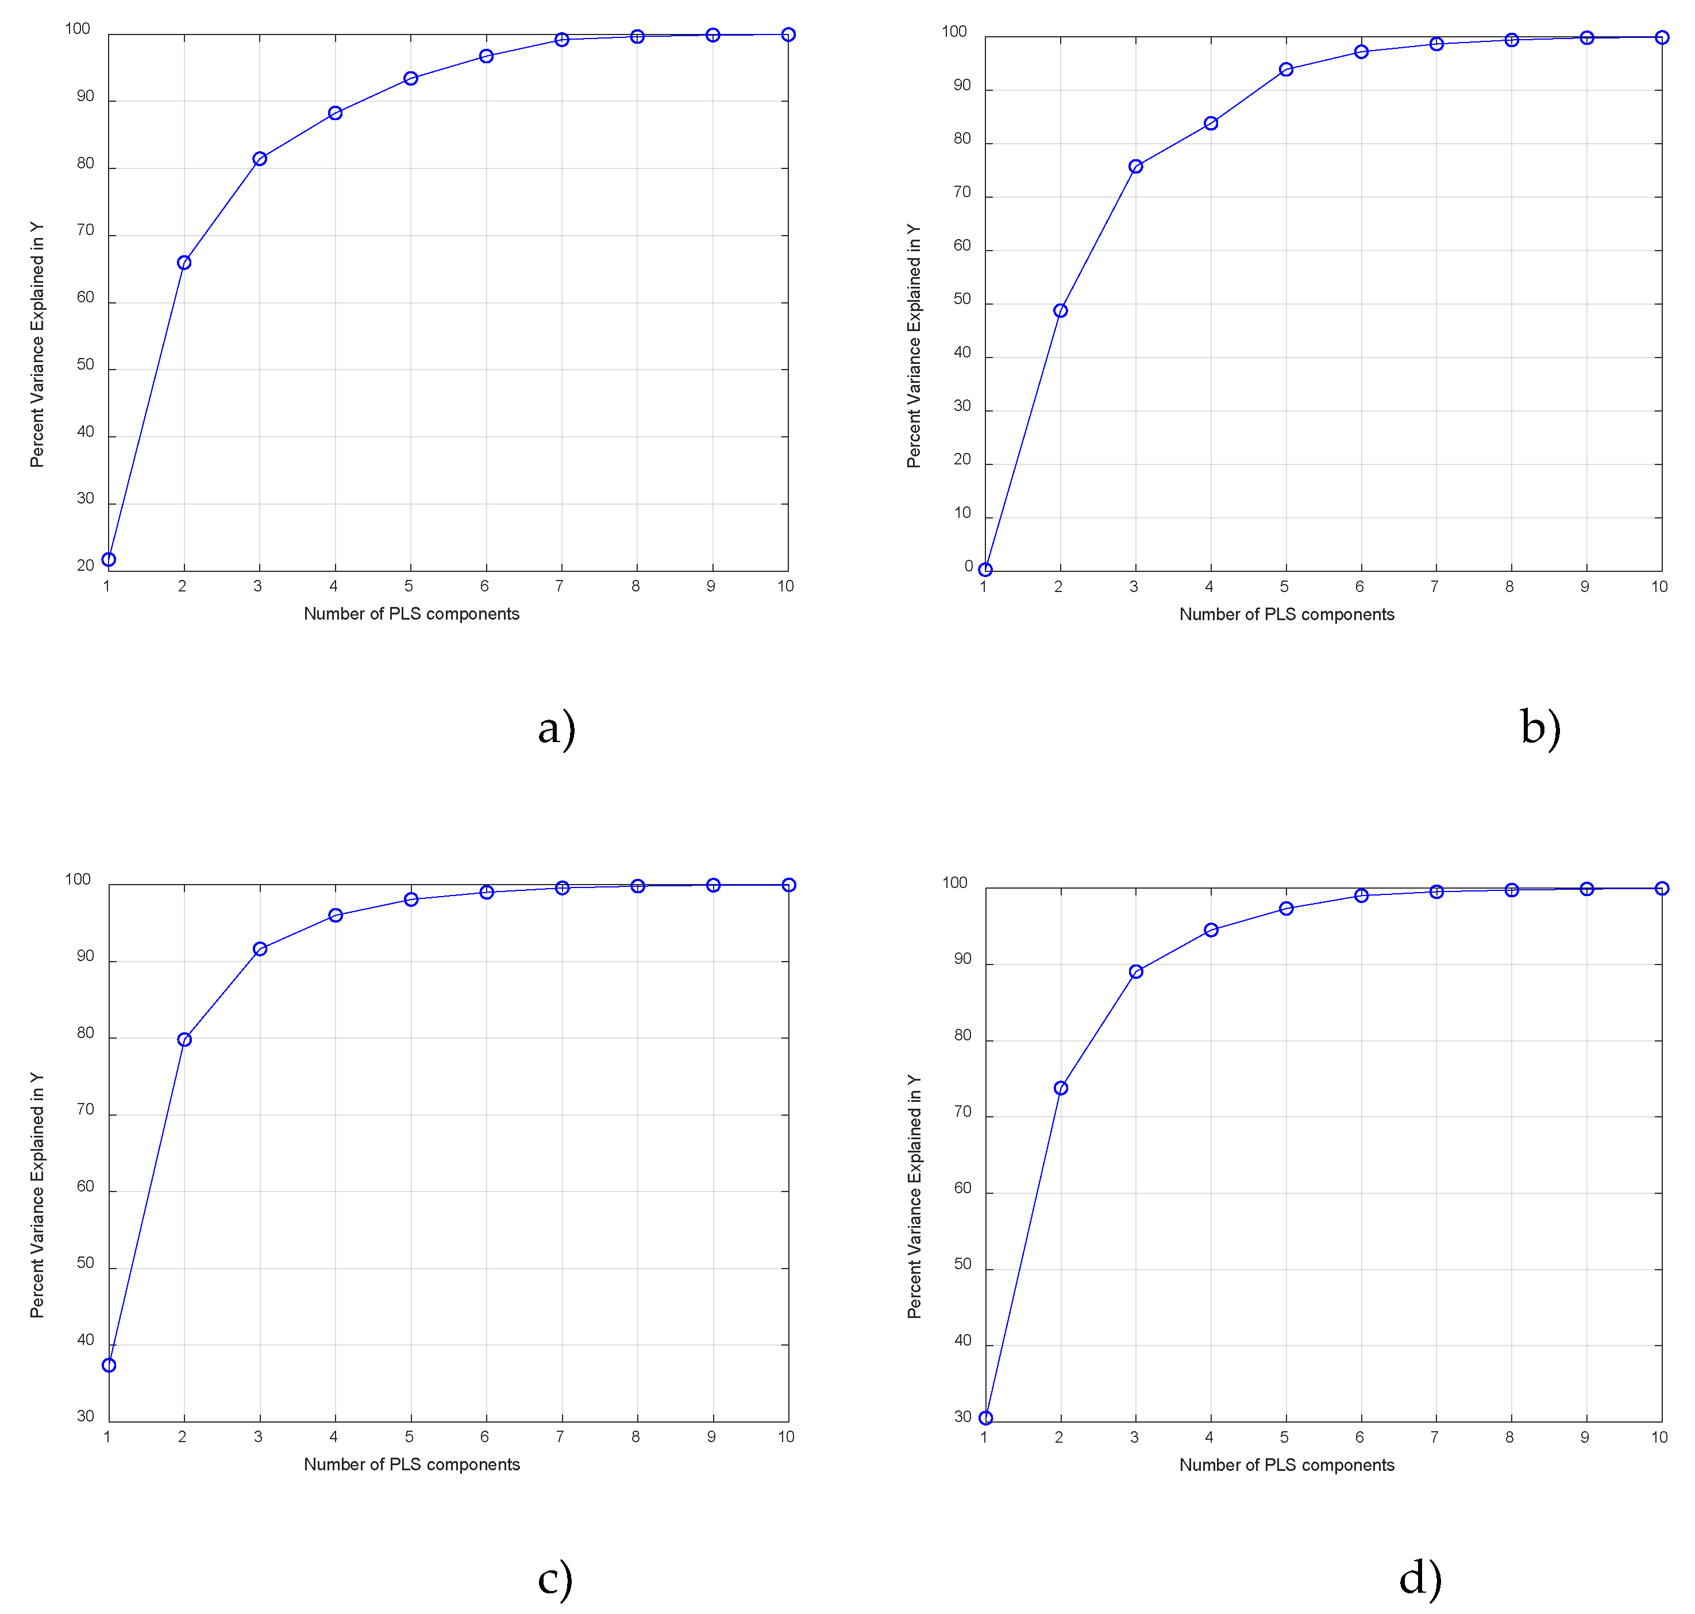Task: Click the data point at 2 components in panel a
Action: click(184, 263)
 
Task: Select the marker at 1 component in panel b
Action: click(985, 570)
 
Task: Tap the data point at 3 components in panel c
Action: click(260, 949)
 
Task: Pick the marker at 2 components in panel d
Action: click(1061, 1088)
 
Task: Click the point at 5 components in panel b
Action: click(1286, 70)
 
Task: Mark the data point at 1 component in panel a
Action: click(109, 559)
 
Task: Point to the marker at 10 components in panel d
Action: click(1662, 889)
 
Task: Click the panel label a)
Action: click(556, 729)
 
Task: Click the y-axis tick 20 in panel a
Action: click(85, 565)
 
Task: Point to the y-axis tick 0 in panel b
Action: click(968, 566)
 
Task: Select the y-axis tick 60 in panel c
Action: click(85, 1186)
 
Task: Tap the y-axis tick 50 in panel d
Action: click(962, 1265)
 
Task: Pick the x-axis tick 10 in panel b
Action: click(1659, 587)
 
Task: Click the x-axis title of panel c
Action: click(412, 1465)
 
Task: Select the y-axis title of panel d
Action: click(914, 1196)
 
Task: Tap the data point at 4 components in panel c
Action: click(336, 916)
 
